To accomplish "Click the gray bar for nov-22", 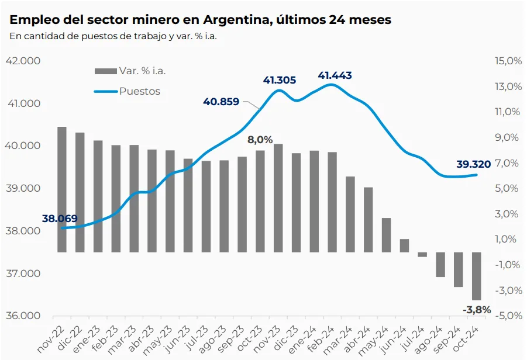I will click(61, 189).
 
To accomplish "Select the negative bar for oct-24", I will click(477, 276).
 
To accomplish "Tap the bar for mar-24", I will click(350, 214).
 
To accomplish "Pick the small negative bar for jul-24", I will click(422, 255).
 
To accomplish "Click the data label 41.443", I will click(335, 75).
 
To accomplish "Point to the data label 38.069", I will click(60, 219).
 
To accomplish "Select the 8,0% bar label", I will click(260, 140).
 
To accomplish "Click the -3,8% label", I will click(477, 309).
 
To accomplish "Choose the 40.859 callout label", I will click(221, 101).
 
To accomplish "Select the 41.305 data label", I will click(280, 80).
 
